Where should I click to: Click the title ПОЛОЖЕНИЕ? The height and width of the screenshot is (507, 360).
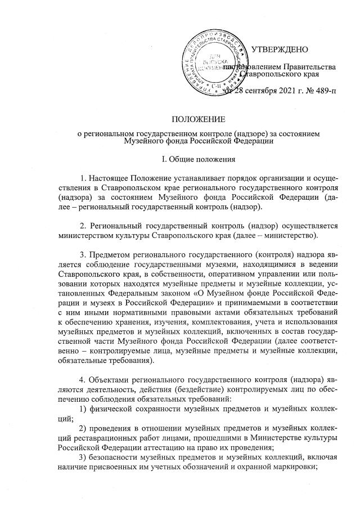198,119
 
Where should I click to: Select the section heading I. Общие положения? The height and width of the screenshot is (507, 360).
198,160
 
